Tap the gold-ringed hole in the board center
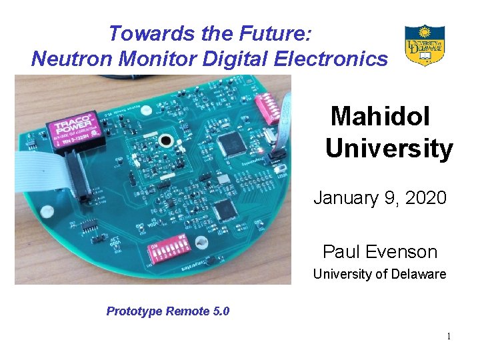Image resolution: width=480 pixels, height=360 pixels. click(165, 140)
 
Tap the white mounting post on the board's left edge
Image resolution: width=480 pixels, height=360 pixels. click(47, 211)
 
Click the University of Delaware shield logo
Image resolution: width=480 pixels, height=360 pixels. click(425, 45)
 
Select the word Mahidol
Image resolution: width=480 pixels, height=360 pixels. click(381, 117)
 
